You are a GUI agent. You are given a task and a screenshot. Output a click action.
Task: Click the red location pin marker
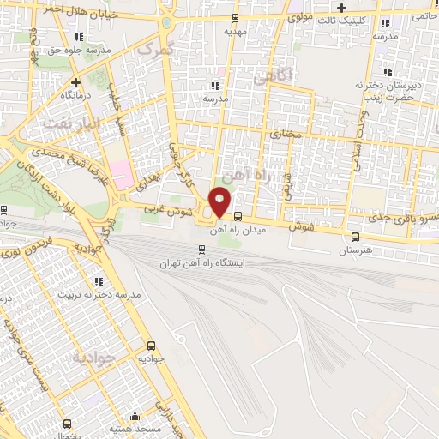(220, 202)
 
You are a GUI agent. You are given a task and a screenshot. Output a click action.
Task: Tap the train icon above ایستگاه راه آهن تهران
(202, 250)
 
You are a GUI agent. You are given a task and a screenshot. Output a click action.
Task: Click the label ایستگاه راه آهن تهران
(203, 263)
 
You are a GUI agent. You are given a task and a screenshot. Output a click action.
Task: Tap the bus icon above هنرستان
(355, 238)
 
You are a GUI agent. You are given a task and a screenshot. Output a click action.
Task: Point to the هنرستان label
(355, 250)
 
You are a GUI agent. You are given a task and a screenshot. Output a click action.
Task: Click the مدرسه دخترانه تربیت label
(99, 294)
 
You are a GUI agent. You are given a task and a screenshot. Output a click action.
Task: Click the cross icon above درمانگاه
(76, 83)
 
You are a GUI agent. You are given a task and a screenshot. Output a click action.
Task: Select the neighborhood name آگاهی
(273, 78)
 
